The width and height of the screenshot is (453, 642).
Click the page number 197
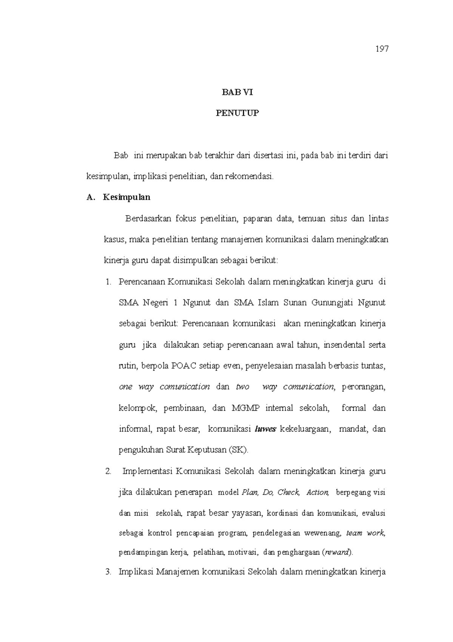(x=382, y=49)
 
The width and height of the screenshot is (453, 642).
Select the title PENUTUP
(x=237, y=113)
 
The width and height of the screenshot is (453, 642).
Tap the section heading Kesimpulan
(x=126, y=197)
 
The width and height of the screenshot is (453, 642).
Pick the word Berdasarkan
(x=148, y=219)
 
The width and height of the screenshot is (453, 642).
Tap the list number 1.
(x=109, y=282)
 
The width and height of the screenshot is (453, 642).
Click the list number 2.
(x=109, y=471)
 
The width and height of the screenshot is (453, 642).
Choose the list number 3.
(x=109, y=572)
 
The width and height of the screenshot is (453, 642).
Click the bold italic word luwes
(x=266, y=429)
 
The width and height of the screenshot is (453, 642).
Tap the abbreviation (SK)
(x=239, y=450)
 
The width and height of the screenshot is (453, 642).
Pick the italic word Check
(x=289, y=492)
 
